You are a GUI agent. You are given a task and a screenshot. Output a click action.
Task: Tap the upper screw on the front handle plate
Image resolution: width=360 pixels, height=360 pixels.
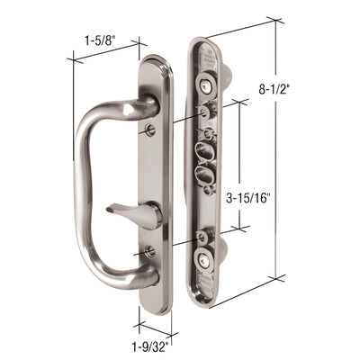149,131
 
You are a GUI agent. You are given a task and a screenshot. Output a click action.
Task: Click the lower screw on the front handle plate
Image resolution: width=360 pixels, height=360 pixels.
149,251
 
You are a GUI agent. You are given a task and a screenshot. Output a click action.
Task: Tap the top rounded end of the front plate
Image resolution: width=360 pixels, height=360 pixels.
155,65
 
